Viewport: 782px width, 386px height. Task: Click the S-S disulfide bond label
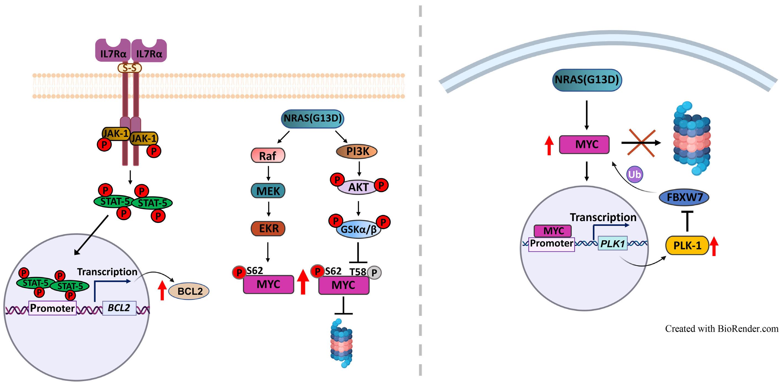tap(130, 68)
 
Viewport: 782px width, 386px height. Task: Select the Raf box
tap(268, 156)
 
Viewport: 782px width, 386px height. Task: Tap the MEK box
tap(268, 191)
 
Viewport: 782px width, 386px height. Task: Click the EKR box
tap(268, 228)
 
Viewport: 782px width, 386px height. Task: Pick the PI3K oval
tap(357, 151)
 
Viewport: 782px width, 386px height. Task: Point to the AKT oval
tap(358, 187)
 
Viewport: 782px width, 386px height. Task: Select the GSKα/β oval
tap(358, 229)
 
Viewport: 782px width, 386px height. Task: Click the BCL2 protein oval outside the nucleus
tap(189, 291)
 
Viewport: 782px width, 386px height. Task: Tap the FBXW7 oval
tap(684, 197)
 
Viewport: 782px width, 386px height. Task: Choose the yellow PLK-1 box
tap(687, 245)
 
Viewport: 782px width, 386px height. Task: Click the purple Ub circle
tap(634, 174)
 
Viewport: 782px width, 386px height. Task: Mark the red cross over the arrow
tap(642, 143)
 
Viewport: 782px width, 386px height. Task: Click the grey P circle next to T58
tap(374, 273)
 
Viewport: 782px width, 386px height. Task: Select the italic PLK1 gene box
tap(613, 243)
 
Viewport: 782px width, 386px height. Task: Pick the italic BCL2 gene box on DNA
tap(119, 308)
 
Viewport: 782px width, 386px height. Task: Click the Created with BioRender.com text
tap(721, 329)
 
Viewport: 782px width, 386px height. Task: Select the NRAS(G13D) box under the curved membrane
tap(587, 80)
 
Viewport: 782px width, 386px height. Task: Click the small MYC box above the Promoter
tap(553, 231)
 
